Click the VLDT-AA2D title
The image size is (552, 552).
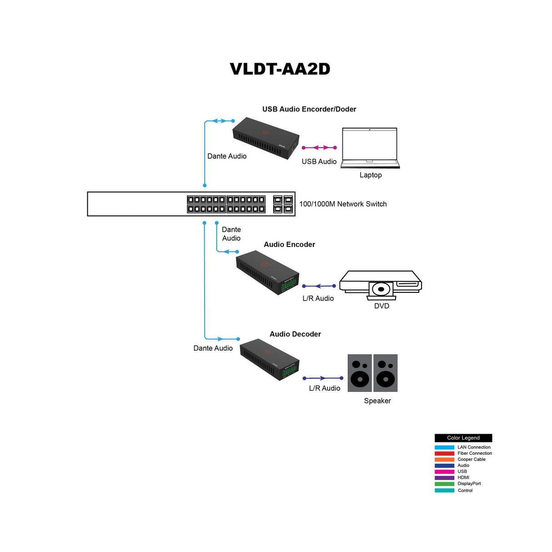(x=280, y=69)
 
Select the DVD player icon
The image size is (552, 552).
(x=381, y=285)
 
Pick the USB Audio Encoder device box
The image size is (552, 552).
(x=266, y=138)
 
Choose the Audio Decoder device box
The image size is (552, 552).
(x=269, y=359)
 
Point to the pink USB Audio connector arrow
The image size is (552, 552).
(x=319, y=148)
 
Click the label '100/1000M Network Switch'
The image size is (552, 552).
(x=343, y=204)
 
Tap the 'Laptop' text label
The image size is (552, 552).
(x=371, y=175)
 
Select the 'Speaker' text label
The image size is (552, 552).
(x=377, y=401)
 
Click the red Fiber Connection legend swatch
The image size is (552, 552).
(x=444, y=453)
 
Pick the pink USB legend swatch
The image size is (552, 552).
(x=444, y=472)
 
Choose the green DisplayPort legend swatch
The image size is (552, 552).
(x=444, y=484)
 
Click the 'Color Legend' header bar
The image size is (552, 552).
(x=463, y=438)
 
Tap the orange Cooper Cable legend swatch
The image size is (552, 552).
(x=444, y=459)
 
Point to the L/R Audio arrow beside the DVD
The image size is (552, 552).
(x=319, y=286)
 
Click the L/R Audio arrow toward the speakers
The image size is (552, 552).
(x=323, y=378)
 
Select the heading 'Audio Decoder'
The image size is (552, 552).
(x=295, y=334)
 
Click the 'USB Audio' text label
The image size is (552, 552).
(x=319, y=161)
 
